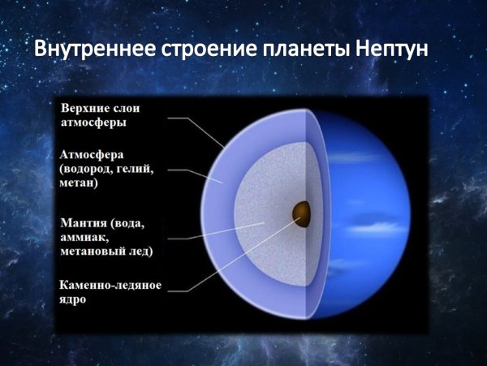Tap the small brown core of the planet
click(x=301, y=213)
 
